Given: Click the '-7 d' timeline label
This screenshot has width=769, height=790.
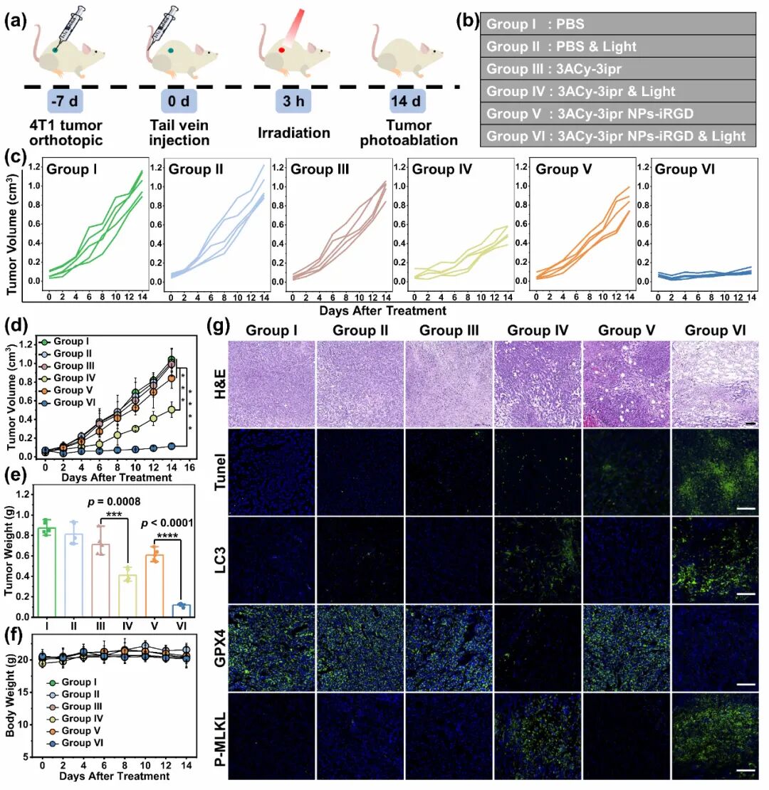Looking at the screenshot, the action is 66,101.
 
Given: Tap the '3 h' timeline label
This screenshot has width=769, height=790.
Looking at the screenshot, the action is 293,101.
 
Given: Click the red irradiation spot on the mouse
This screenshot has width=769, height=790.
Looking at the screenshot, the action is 282,50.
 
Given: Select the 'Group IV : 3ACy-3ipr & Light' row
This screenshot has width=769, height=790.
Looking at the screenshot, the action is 618,91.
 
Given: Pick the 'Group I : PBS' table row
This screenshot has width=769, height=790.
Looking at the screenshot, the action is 618,23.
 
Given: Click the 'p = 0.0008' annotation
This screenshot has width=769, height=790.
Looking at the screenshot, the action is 114,501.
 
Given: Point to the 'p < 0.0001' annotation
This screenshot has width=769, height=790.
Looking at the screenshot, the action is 167,523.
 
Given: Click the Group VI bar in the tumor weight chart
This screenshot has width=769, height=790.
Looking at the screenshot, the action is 182,610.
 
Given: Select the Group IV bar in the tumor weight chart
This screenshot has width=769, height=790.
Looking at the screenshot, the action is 127,596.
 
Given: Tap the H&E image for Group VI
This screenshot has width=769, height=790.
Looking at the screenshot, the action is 715,384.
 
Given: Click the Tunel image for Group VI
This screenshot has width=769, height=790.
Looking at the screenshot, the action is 715,472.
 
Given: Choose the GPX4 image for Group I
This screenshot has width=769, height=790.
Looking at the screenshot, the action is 272,648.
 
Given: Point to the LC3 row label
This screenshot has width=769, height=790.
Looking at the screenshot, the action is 220,560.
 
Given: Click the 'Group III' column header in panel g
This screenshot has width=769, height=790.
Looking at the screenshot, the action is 449,330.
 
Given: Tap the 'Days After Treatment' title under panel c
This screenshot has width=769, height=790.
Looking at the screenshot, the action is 383,310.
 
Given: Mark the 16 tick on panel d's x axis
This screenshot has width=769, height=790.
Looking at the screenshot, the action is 189,467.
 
